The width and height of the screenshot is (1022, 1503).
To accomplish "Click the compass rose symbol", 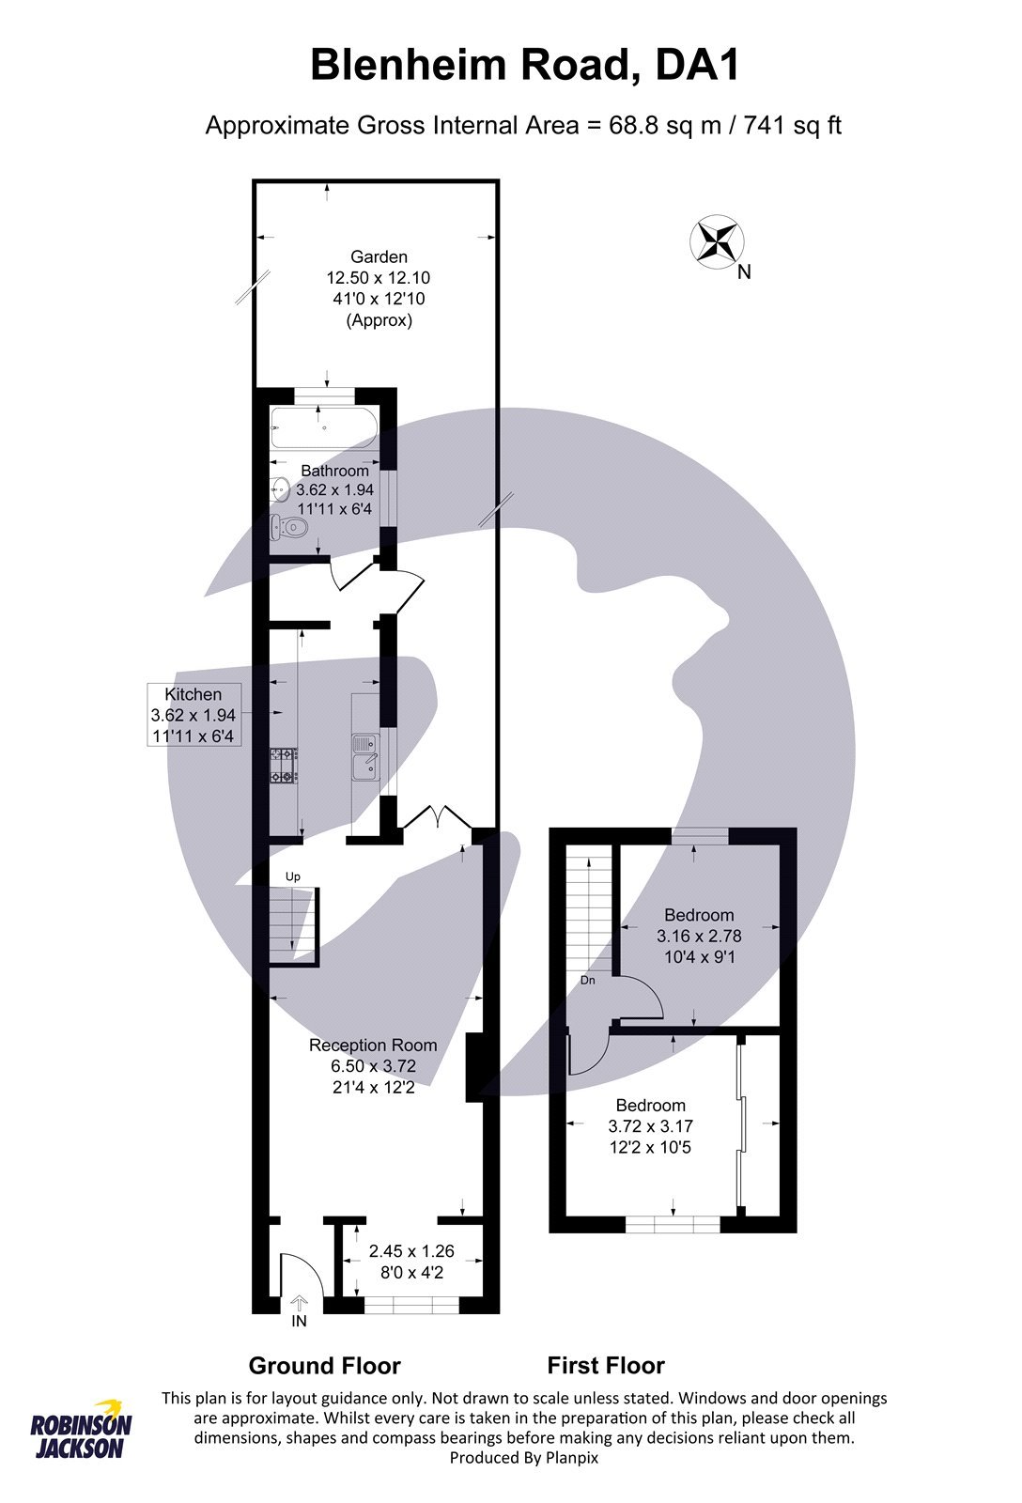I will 717,240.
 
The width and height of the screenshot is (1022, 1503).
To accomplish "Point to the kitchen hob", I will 284,765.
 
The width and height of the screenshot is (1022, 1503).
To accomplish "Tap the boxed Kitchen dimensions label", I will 194,714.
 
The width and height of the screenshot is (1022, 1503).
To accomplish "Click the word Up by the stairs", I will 292,876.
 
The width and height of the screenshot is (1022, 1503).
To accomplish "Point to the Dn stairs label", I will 587,980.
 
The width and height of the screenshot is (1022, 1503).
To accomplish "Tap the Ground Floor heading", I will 324,1365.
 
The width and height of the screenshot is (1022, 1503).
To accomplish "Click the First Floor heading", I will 606,1365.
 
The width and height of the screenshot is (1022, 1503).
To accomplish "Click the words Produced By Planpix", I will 523,1457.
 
